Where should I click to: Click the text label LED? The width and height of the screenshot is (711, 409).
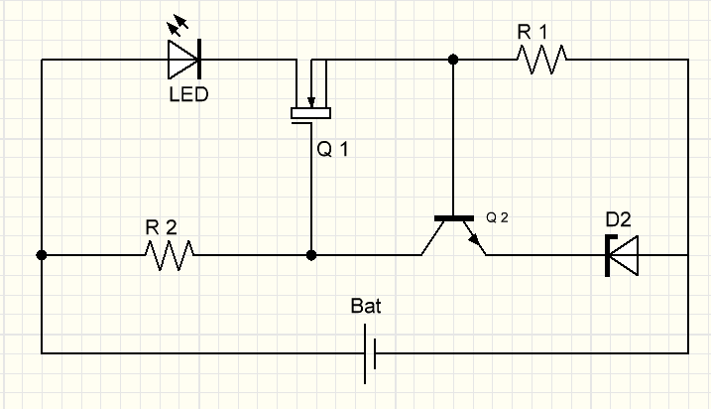[188, 96]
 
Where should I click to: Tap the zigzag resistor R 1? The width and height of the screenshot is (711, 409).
[540, 60]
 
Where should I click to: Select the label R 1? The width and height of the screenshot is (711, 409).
[533, 31]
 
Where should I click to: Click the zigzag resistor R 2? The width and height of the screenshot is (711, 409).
[169, 256]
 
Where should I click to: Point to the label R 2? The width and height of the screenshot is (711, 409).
[162, 227]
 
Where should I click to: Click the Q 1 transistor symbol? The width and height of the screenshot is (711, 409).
[311, 99]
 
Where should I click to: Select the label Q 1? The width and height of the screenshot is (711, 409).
[332, 151]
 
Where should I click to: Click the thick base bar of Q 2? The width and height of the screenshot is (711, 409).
[454, 217]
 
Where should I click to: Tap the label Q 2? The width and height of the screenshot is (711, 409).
[498, 217]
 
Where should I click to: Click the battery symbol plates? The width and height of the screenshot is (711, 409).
[370, 352]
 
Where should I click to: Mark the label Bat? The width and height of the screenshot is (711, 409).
[366, 306]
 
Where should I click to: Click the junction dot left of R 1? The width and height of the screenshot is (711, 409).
[454, 60]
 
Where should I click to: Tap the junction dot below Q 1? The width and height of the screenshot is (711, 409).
[311, 255]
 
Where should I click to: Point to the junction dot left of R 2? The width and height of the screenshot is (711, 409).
[41, 255]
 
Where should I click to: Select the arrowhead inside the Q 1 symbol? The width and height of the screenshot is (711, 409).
[311, 99]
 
